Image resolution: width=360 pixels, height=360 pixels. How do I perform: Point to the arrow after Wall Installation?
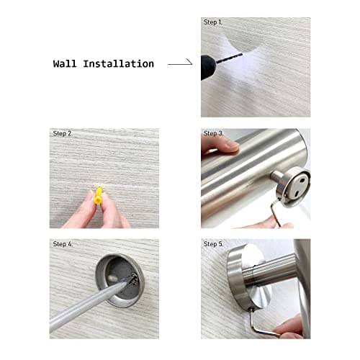180,64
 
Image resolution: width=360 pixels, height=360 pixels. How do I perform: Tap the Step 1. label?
214,23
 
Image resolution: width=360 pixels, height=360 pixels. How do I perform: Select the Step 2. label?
63,134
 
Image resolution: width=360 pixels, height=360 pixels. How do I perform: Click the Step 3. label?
214,134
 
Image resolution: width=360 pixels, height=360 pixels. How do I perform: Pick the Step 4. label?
63,245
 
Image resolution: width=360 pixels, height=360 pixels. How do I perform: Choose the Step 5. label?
214,245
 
